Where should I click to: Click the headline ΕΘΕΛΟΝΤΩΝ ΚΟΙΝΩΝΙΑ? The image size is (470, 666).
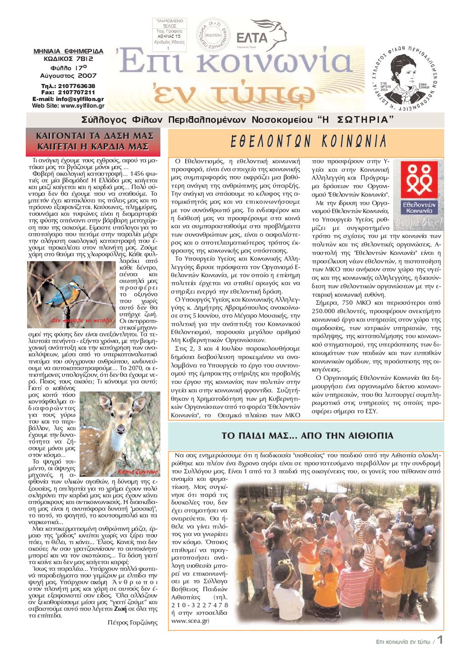coord(308,142)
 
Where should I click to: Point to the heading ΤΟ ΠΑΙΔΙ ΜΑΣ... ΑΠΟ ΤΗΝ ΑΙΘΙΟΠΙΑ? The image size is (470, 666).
coord(307,436)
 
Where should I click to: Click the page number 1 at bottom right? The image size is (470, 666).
coord(440,640)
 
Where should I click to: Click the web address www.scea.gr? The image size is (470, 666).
coord(190,621)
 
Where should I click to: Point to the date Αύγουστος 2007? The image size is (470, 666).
coord(68,76)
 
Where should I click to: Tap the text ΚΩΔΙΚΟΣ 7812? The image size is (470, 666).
coord(68,58)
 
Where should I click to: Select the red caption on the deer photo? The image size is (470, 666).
coord(138,472)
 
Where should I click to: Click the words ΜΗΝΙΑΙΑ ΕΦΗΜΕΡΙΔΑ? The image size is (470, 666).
coord(68,51)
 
